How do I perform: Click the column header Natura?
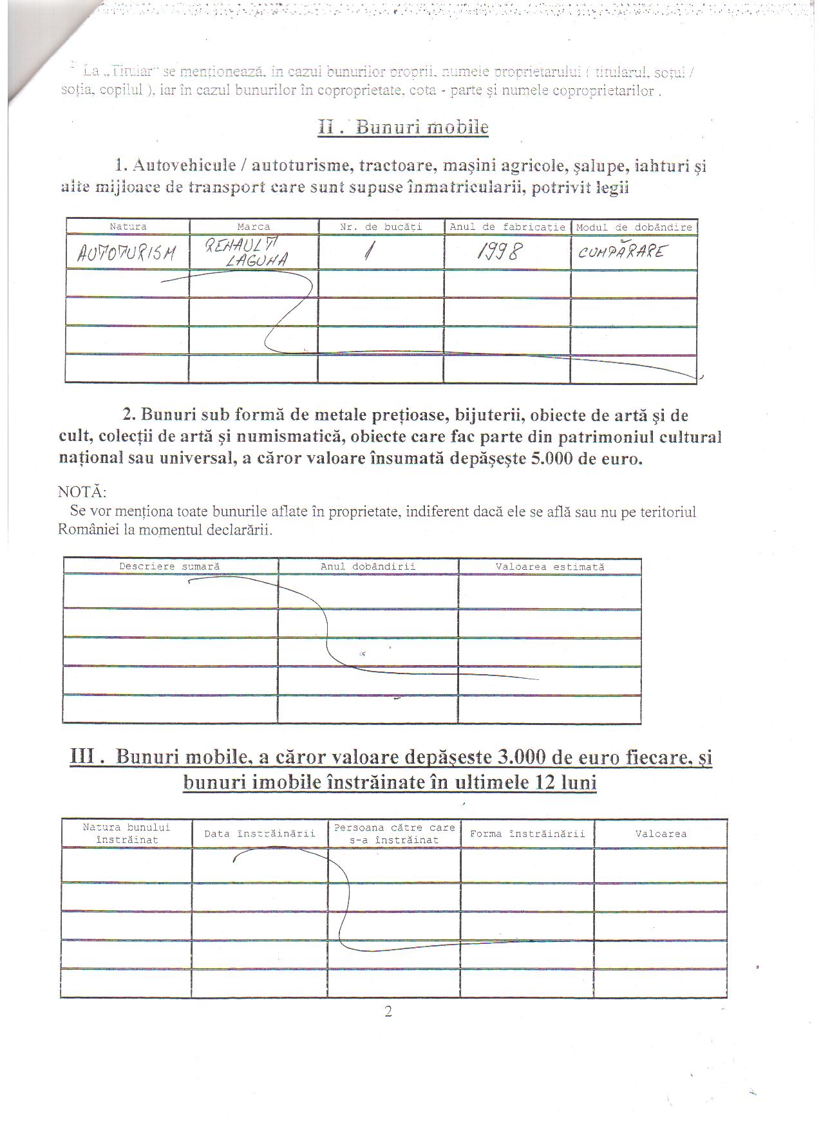128,227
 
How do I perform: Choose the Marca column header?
254,227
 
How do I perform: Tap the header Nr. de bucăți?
381,227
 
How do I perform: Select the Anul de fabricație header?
507,227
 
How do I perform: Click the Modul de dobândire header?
634,227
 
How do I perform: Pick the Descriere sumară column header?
169,567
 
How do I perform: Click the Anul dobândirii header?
368,567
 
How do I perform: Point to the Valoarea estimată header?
550,567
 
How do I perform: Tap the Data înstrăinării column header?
260,834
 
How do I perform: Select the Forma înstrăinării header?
527,834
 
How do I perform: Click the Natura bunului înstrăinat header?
127,833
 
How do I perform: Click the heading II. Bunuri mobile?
403,127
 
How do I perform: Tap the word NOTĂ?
82,492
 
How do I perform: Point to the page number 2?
388,1011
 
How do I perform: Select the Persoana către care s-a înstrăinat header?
394,833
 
